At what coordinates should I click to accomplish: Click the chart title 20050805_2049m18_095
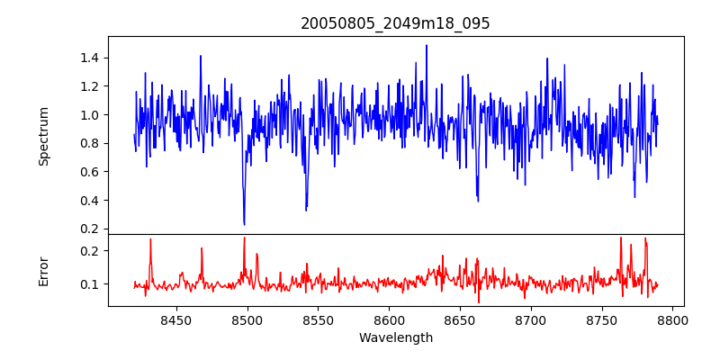[395, 23]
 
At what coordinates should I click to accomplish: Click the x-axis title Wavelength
[395, 337]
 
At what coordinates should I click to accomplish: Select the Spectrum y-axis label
[43, 136]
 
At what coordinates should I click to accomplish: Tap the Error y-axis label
[43, 271]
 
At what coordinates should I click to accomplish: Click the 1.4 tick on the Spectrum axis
[90, 58]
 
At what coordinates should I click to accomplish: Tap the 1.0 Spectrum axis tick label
[90, 114]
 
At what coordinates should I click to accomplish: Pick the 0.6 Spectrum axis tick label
[90, 171]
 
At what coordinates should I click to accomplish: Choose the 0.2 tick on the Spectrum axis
[90, 229]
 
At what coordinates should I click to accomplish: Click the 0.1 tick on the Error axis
[90, 284]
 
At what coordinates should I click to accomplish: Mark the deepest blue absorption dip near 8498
[244, 224]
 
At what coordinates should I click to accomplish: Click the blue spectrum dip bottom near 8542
[306, 210]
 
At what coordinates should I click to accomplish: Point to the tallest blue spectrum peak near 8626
[427, 45]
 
